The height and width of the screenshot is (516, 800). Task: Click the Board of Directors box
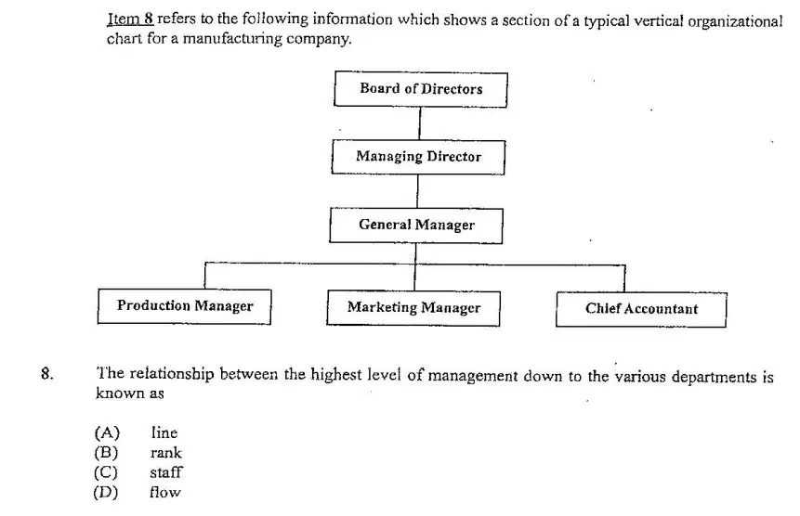(421, 89)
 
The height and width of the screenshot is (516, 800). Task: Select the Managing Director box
(418, 157)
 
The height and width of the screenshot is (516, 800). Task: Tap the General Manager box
(416, 226)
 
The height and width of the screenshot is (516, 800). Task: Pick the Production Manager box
(184, 306)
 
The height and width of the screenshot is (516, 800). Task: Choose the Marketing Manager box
(413, 308)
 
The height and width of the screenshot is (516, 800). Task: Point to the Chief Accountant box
(641, 309)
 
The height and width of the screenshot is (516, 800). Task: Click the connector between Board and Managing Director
(420, 123)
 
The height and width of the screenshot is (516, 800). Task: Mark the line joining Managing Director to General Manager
(418, 191)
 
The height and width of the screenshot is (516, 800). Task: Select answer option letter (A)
(107, 433)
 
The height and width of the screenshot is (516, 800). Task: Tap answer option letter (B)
(106, 453)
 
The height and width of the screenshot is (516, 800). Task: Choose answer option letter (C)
(106, 472)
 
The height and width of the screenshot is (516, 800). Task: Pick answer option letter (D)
(106, 493)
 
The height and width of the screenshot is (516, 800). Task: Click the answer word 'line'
(164, 433)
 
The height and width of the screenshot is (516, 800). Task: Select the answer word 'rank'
(165, 453)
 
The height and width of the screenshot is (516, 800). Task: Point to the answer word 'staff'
(165, 472)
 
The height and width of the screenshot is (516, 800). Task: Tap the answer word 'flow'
(164, 492)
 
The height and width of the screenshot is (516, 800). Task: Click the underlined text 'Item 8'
(130, 19)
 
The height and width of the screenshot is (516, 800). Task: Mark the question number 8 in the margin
(47, 374)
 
